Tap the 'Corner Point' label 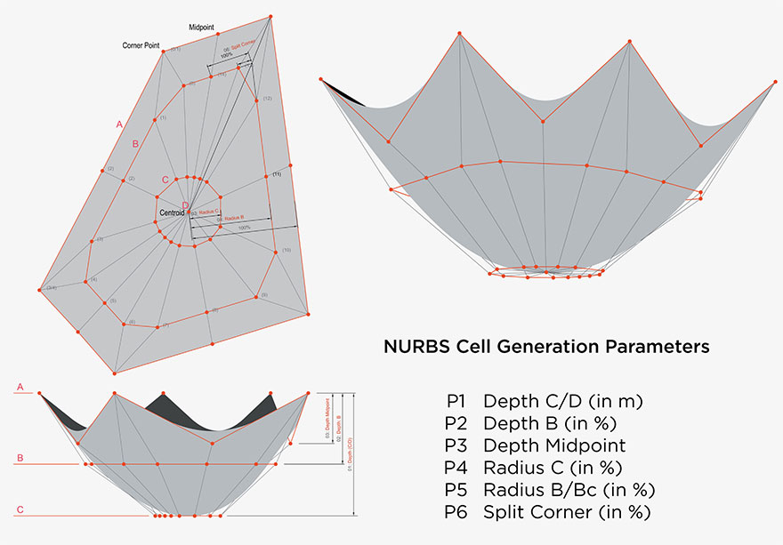[141, 44]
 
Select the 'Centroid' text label [170, 213]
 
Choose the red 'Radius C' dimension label [206, 212]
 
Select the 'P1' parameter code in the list [458, 401]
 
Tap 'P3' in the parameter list [459, 445]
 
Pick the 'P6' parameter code [459, 512]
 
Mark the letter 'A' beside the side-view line [19, 388]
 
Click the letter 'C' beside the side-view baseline [19, 509]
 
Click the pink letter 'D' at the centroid [185, 206]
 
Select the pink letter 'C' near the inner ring [165, 180]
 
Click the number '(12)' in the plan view [267, 97]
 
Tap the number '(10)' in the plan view [287, 251]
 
